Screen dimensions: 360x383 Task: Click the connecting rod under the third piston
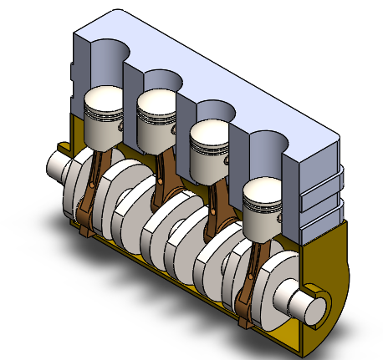tap(216, 205)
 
